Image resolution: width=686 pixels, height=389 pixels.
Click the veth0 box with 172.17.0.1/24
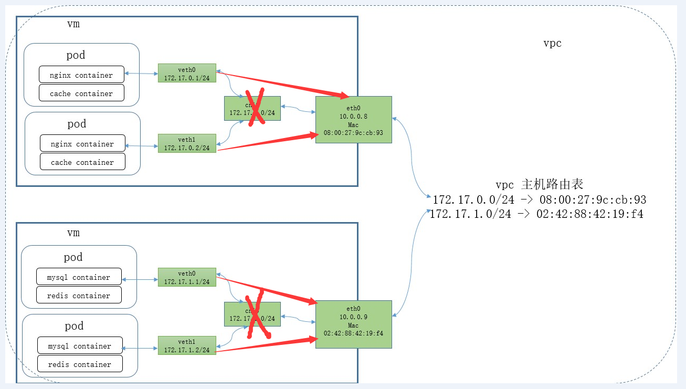point(187,73)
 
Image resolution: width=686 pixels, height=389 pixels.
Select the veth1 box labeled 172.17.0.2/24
point(187,143)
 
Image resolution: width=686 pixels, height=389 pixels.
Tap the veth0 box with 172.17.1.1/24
point(187,277)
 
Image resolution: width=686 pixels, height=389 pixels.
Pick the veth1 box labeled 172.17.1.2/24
point(187,345)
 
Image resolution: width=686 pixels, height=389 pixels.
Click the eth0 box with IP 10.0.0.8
point(353,120)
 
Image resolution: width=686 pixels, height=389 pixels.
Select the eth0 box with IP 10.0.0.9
point(353,324)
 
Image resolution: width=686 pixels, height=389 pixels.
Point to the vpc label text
point(552,43)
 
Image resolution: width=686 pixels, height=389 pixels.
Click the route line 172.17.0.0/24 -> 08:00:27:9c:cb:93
point(539,199)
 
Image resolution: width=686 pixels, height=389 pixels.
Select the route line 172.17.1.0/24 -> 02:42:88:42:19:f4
point(536,214)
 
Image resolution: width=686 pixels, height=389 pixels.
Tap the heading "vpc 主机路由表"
point(539,184)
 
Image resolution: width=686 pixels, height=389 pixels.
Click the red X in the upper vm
point(254,107)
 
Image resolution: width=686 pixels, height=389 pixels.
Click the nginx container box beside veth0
point(81,75)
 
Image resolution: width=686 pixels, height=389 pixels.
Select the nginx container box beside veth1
point(82,143)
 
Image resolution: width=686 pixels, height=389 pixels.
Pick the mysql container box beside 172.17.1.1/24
point(79,277)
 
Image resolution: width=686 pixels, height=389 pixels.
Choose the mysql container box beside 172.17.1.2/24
point(80,345)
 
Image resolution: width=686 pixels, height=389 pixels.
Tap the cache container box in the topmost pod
point(81,93)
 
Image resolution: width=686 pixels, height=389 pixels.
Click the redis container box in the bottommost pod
point(80,364)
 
